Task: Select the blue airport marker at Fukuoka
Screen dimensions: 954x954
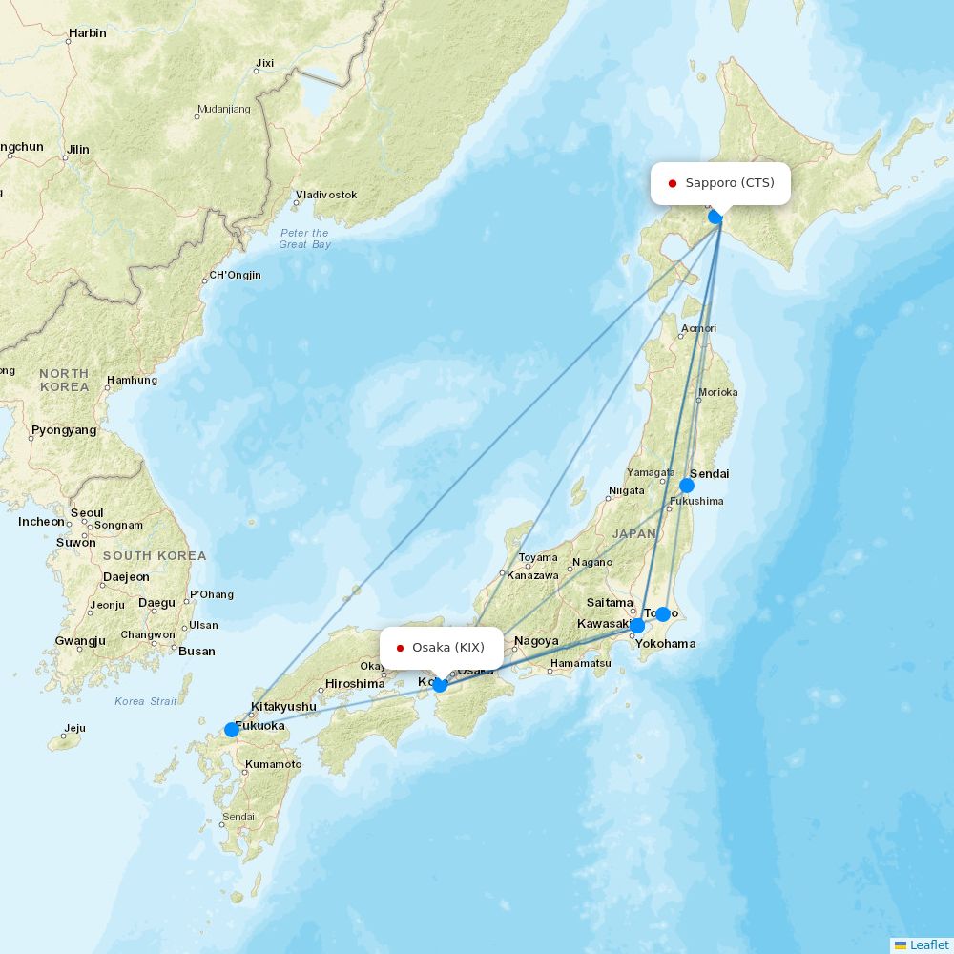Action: (232, 730)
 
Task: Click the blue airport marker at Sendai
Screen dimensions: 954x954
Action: (687, 486)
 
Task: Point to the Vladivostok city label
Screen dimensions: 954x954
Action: (326, 195)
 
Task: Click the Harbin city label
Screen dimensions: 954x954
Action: (87, 33)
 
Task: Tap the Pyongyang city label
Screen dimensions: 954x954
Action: (64, 430)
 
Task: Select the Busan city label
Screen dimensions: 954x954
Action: (197, 652)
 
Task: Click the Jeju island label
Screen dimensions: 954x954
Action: (73, 728)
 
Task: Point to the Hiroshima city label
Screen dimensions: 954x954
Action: (355, 684)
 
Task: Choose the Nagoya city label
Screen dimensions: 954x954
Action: (536, 641)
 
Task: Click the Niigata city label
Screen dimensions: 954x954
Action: (627, 492)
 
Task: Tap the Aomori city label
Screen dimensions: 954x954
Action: (697, 329)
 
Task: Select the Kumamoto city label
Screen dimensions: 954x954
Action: (273, 764)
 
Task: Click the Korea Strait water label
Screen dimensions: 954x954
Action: (146, 701)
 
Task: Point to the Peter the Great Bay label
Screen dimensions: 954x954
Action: (305, 238)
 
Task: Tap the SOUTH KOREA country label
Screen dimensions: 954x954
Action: (155, 556)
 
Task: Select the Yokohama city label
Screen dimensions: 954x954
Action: (665, 644)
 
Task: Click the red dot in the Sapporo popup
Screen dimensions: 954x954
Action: (673, 183)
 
